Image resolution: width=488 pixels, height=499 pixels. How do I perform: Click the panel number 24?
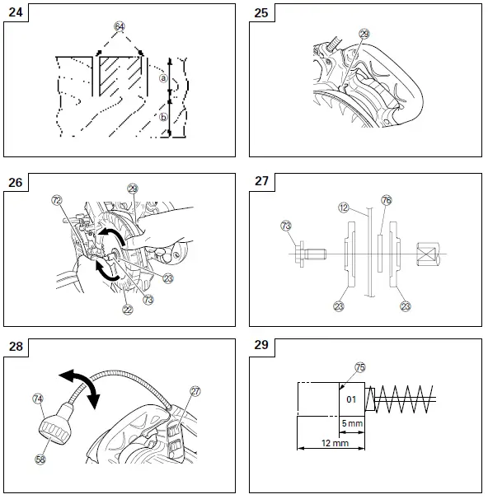(16, 13)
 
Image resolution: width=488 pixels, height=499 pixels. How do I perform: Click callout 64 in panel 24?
(120, 26)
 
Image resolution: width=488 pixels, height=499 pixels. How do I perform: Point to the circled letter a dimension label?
(163, 78)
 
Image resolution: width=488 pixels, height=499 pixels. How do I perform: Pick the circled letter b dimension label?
(163, 117)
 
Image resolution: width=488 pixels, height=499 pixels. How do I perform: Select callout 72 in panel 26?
(57, 200)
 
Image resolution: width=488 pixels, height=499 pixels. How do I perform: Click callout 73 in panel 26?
(148, 301)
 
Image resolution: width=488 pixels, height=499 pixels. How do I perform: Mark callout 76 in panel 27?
(386, 200)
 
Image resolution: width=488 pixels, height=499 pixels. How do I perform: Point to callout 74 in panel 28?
(37, 398)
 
